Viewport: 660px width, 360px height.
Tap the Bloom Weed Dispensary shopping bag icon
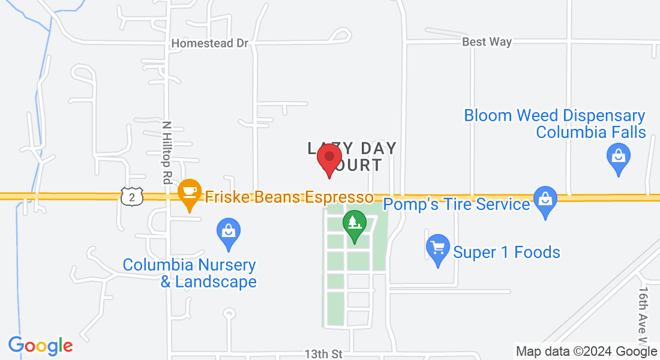[618, 158]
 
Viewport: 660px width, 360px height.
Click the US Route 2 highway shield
[132, 196]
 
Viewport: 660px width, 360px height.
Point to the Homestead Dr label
[209, 43]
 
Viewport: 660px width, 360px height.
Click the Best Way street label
[487, 42]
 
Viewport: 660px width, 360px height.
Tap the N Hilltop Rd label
[167, 152]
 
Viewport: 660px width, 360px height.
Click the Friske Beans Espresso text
[289, 197]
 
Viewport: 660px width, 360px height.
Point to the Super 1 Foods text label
[507, 252]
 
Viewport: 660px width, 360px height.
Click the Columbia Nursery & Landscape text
[190, 273]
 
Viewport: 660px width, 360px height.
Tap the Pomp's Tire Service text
[457, 205]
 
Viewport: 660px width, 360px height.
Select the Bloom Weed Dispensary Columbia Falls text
[555, 124]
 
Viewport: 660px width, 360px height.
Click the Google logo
[41, 346]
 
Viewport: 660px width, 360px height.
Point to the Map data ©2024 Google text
[586, 352]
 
